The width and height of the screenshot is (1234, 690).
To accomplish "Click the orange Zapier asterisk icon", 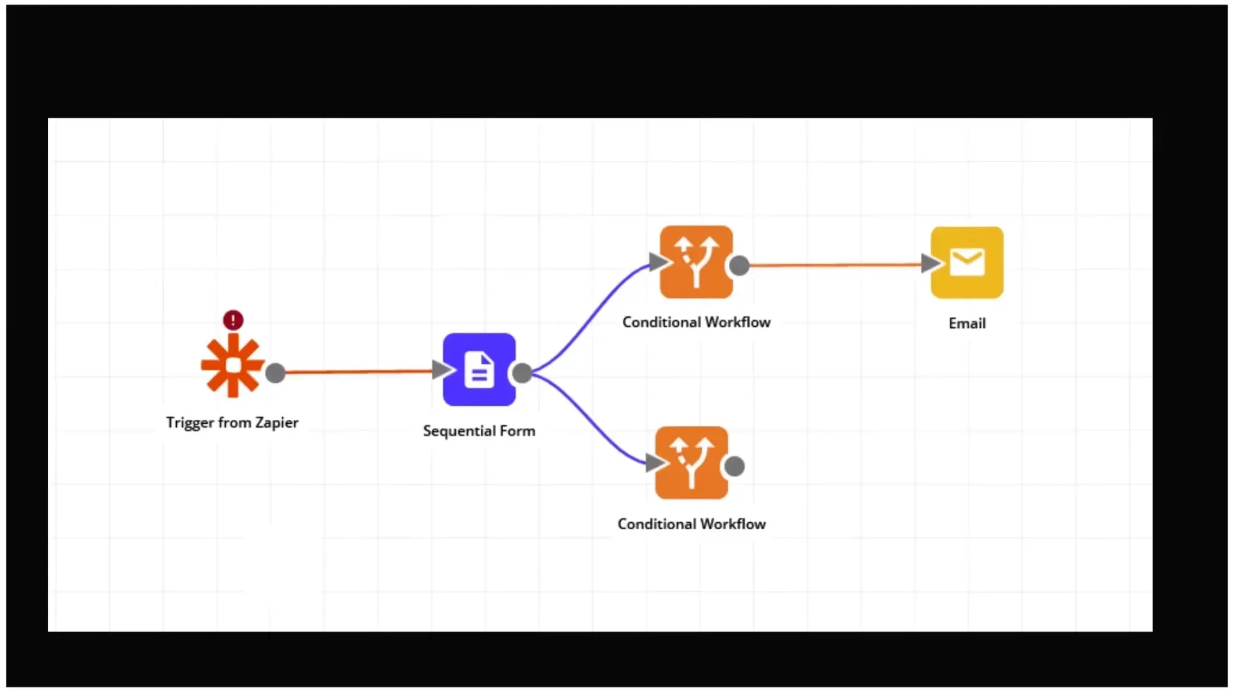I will [232, 365].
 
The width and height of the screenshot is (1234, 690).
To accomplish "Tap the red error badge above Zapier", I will [233, 320].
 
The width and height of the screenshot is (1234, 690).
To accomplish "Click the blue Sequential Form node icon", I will [479, 370].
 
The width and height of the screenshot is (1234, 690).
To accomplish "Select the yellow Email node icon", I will [967, 262].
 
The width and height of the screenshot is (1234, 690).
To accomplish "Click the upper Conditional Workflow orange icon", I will [696, 262].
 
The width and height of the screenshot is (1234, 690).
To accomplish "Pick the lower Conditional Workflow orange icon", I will [692, 463].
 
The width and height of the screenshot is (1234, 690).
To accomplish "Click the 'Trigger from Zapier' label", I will [232, 422].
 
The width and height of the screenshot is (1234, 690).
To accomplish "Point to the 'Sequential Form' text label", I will [479, 431].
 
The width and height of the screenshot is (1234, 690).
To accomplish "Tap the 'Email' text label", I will [967, 323].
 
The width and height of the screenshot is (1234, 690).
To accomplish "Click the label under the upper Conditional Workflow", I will [696, 322].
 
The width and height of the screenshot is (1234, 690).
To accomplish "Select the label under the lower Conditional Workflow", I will [692, 524].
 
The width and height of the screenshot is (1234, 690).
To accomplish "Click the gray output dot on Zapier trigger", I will [275, 373].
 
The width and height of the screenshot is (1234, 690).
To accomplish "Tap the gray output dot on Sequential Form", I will [523, 372].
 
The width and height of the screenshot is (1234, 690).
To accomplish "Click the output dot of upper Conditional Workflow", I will [740, 265].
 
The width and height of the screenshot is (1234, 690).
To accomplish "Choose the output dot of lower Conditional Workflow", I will [735, 466].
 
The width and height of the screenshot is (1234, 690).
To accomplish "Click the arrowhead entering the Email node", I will [929, 263].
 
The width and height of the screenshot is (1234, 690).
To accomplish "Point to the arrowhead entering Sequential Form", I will [441, 370].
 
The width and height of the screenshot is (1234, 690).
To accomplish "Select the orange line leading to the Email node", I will [836, 264].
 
